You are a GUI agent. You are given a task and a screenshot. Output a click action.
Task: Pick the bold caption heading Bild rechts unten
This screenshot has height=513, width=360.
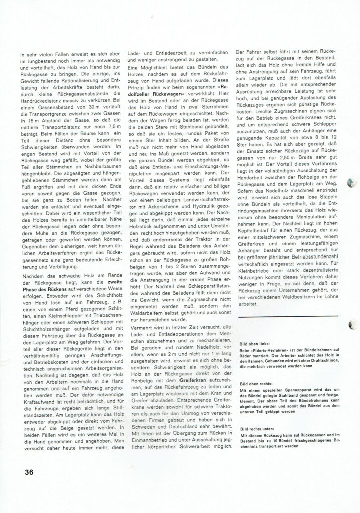click(x=256, y=428)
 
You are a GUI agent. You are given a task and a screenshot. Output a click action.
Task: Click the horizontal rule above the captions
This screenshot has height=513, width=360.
click(x=283, y=317)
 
